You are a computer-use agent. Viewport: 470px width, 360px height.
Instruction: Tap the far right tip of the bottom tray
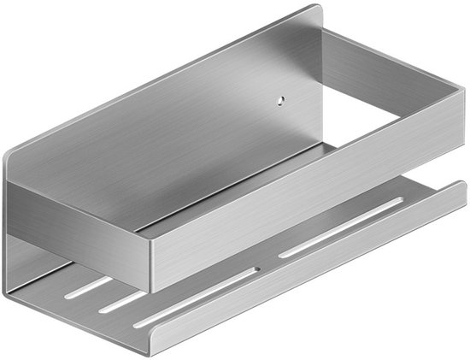click(464, 186)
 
